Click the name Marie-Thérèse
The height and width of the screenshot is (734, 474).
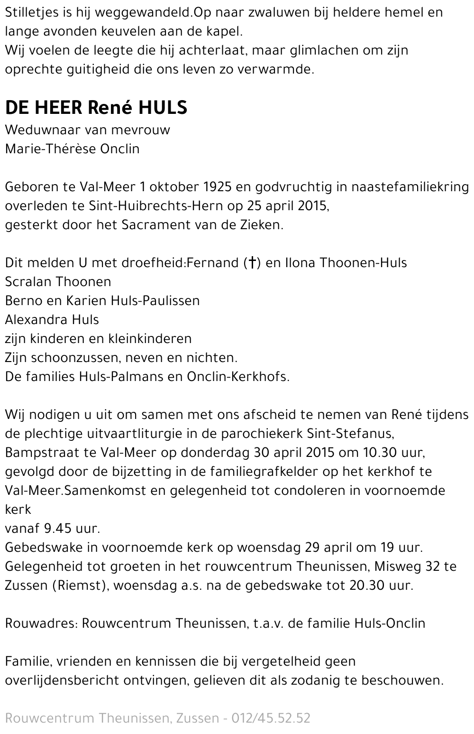coord(51,149)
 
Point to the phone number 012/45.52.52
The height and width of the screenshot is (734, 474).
coord(271,718)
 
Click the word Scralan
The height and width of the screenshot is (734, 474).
coord(28,282)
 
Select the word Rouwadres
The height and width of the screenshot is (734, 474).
coord(40,623)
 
